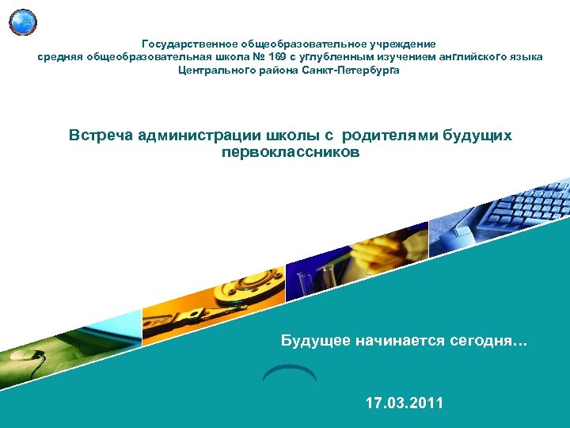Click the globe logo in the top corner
click(x=23, y=21)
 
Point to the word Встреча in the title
click(x=101, y=136)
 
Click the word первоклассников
click(x=291, y=151)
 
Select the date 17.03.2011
click(x=405, y=403)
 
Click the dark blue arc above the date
click(x=289, y=371)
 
